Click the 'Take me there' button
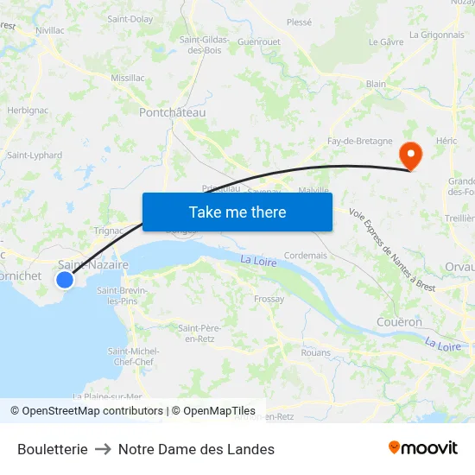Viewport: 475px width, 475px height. (237, 212)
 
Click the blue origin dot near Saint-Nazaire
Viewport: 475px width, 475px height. (65, 279)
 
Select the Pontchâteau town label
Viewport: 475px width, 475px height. (173, 112)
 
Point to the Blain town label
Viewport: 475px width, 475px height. (376, 84)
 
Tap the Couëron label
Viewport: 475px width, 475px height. (400, 322)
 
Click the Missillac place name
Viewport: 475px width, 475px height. (128, 77)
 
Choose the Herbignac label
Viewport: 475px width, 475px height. (28, 111)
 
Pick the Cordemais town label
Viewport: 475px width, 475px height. (306, 256)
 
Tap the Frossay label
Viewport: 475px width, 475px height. (269, 299)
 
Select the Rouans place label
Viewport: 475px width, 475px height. (316, 352)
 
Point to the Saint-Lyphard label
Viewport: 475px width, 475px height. (35, 155)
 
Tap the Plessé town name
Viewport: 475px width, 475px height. (299, 22)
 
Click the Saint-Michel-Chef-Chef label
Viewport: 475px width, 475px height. (133, 356)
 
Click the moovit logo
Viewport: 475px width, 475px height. (423, 448)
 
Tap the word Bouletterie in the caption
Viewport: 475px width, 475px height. (52, 449)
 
